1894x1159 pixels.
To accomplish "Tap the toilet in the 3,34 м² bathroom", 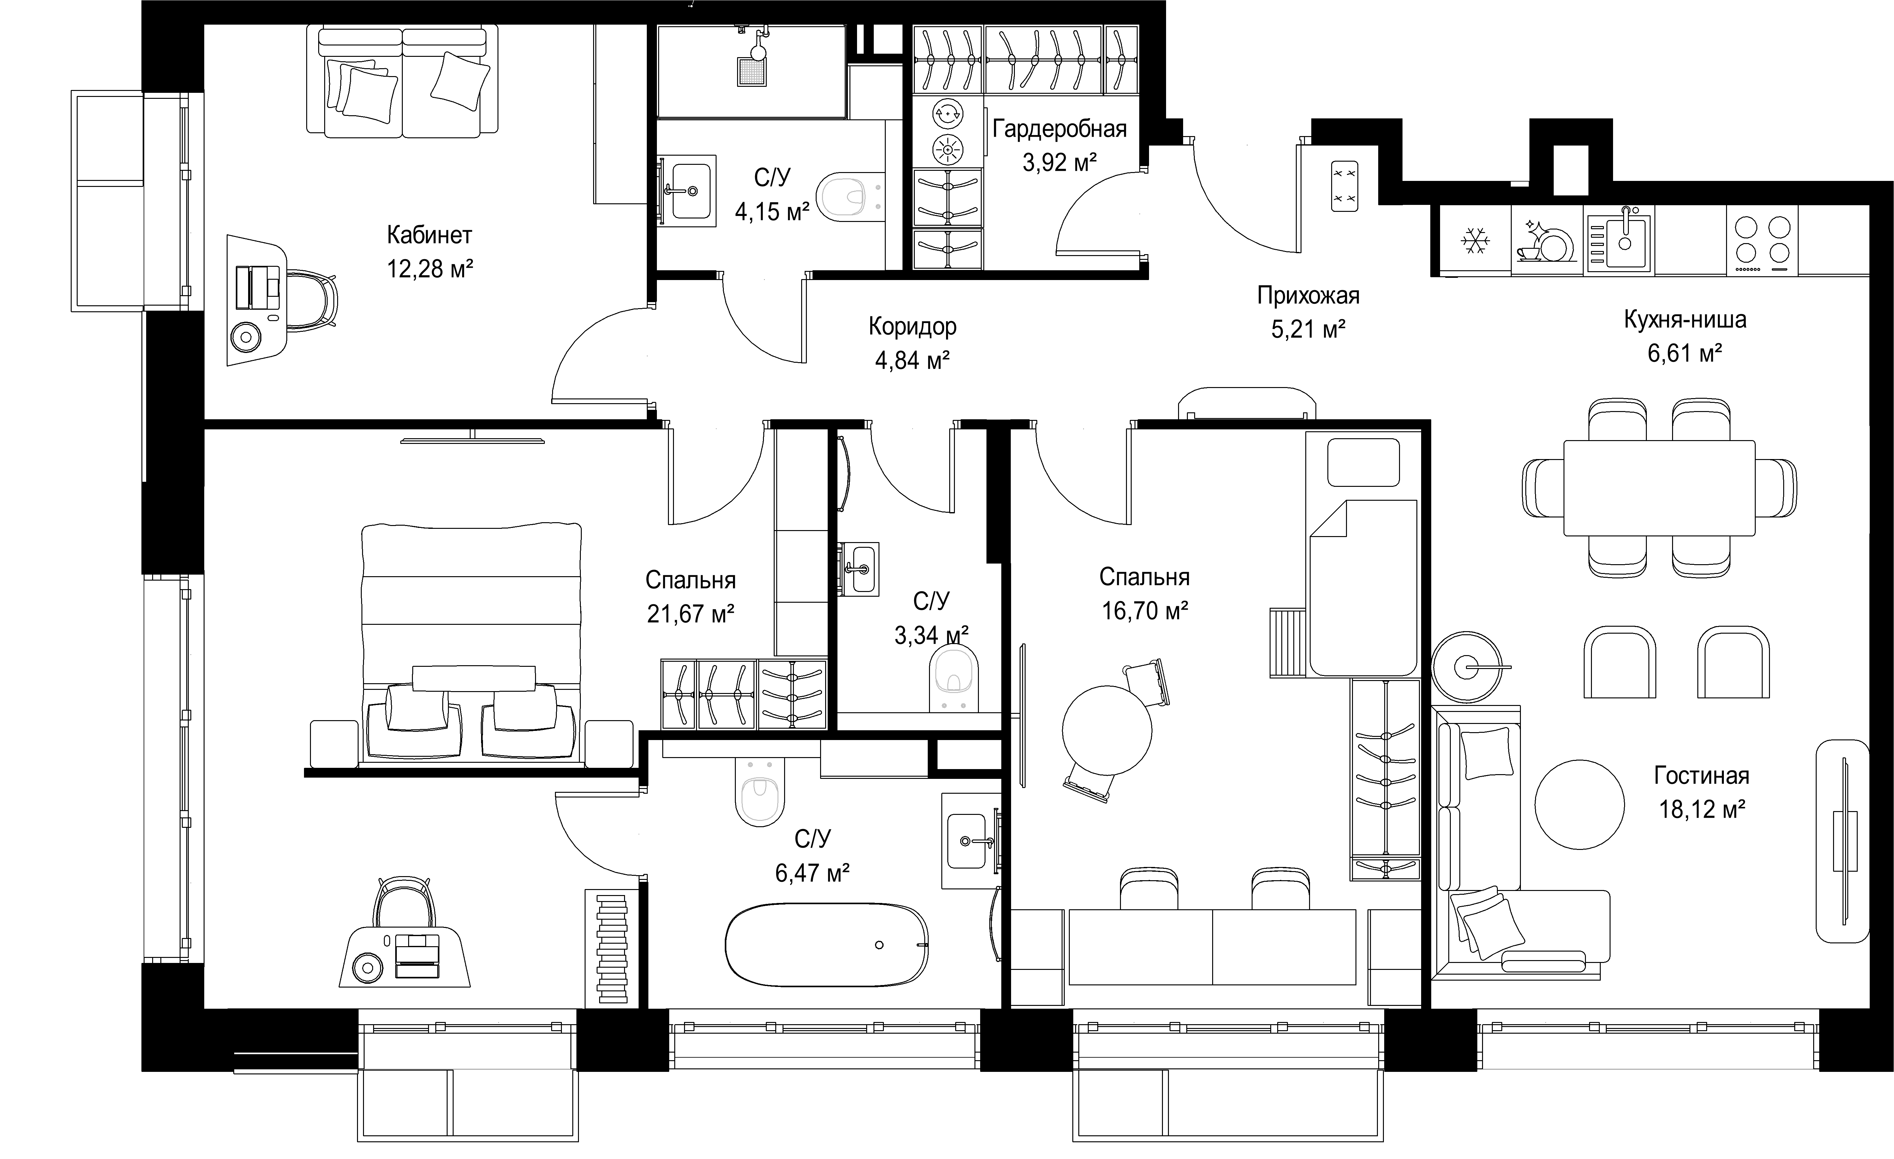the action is [954, 676].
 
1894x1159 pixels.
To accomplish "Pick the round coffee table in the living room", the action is [1580, 805].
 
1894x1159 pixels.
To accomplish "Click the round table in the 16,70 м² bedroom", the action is [1107, 730].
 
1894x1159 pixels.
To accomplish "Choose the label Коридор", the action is [912, 327].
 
